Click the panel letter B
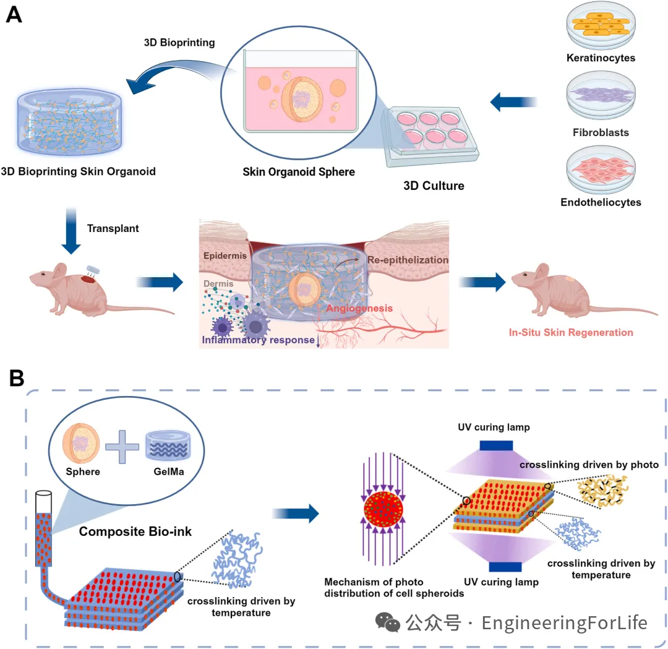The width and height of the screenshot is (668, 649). (x=17, y=377)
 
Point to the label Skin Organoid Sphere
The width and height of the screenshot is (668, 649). (x=299, y=171)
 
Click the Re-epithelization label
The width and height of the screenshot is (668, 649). (x=408, y=260)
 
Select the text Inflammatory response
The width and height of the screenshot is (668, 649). (x=258, y=340)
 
